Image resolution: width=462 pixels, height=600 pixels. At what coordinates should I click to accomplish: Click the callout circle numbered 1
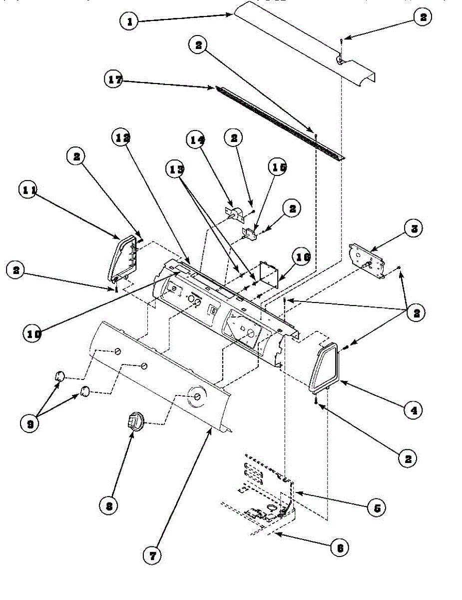(x=130, y=21)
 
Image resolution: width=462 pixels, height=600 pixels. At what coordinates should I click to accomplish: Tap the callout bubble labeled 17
(x=115, y=80)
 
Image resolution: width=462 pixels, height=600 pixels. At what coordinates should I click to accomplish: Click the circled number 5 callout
(x=377, y=508)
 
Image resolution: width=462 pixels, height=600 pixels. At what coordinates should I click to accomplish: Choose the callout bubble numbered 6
(x=340, y=547)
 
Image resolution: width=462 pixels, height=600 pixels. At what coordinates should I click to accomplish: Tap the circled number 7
(x=152, y=554)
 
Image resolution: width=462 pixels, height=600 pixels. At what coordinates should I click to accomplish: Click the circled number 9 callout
(x=31, y=423)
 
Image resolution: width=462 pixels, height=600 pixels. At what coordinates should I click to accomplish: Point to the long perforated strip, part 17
(x=280, y=123)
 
